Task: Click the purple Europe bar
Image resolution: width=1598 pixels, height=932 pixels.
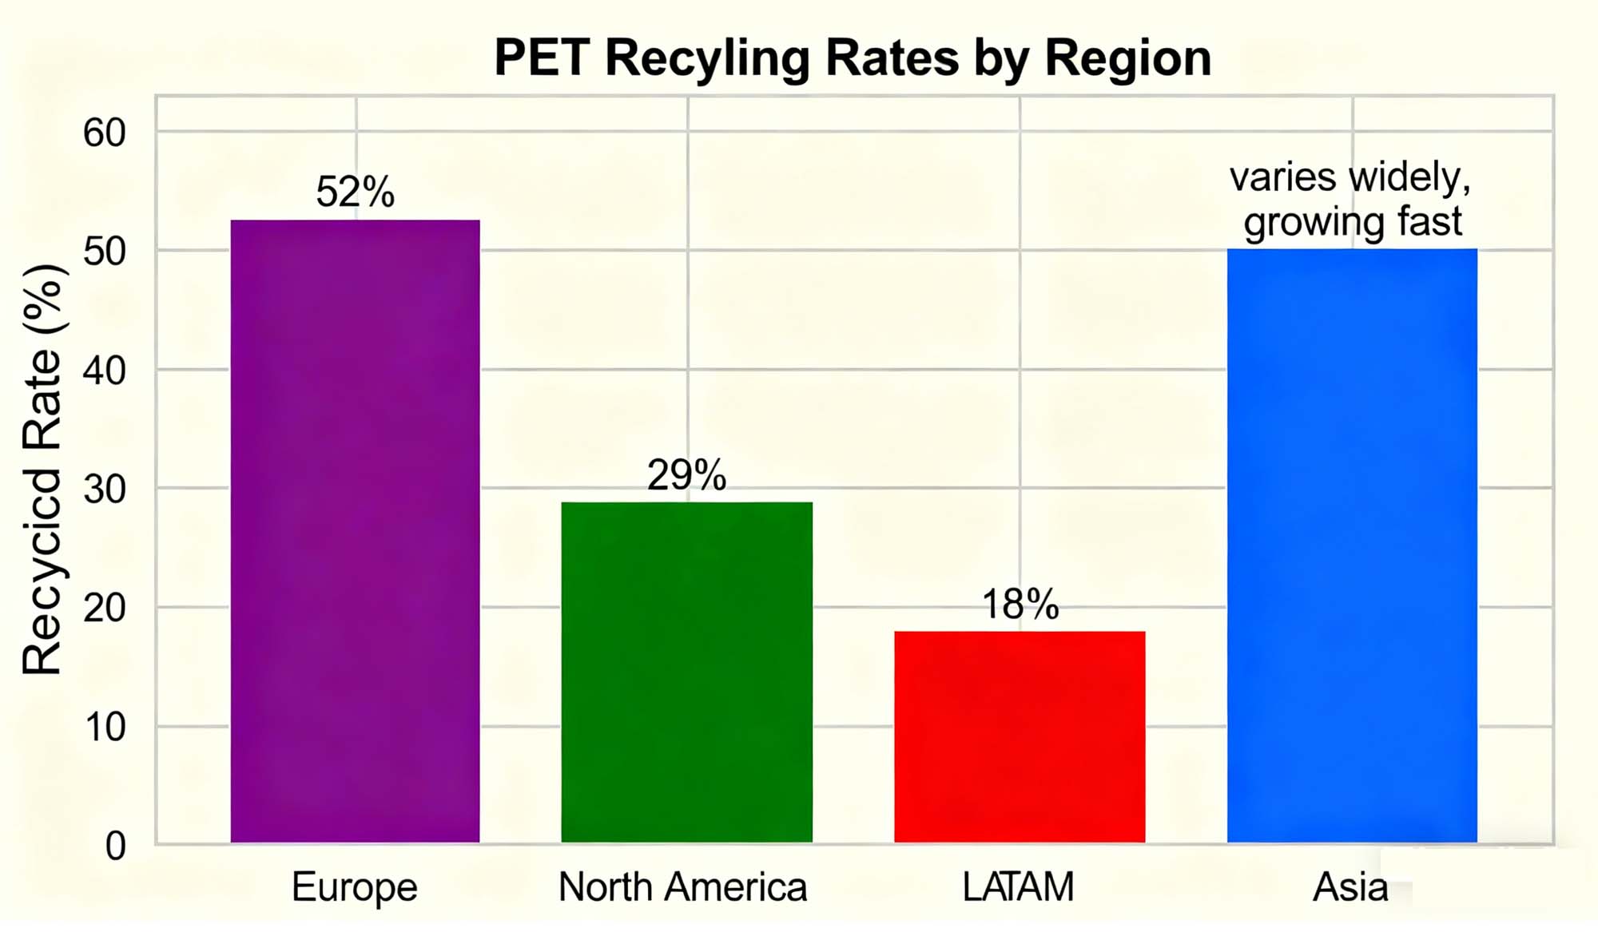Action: pyautogui.click(x=355, y=531)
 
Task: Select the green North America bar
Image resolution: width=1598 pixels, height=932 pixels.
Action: pyautogui.click(x=686, y=672)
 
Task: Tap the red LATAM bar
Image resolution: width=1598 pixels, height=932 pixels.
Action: pyautogui.click(x=1019, y=736)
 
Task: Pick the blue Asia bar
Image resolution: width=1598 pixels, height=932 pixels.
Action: pyautogui.click(x=1351, y=545)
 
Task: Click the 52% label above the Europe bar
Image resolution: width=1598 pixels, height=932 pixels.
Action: pyautogui.click(x=355, y=192)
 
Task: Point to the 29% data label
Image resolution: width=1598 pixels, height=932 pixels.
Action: pyautogui.click(x=686, y=474)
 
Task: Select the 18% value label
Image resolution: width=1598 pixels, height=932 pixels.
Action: pyautogui.click(x=1020, y=604)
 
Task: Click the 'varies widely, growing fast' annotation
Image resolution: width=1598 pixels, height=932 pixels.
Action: pyautogui.click(x=1351, y=199)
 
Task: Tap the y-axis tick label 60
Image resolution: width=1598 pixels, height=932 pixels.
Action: pyautogui.click(x=105, y=133)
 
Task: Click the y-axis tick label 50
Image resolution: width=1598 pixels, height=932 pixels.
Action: pyautogui.click(x=105, y=252)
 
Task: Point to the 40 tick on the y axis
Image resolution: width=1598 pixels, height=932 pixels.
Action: pyautogui.click(x=105, y=371)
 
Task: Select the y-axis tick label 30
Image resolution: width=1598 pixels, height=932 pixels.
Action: pyautogui.click(x=105, y=489)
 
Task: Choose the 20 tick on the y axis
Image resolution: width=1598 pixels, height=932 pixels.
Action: pyautogui.click(x=105, y=608)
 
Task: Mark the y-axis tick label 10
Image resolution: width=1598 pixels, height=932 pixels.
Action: pyautogui.click(x=105, y=727)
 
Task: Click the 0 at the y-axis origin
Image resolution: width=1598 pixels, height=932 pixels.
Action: pyautogui.click(x=116, y=846)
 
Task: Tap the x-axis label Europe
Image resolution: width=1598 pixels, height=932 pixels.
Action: pyautogui.click(x=354, y=886)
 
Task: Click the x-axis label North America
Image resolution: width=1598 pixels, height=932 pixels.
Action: pyautogui.click(x=682, y=886)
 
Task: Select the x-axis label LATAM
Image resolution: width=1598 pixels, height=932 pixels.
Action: pyautogui.click(x=1018, y=886)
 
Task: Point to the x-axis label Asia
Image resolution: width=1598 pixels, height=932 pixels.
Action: pyautogui.click(x=1350, y=886)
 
